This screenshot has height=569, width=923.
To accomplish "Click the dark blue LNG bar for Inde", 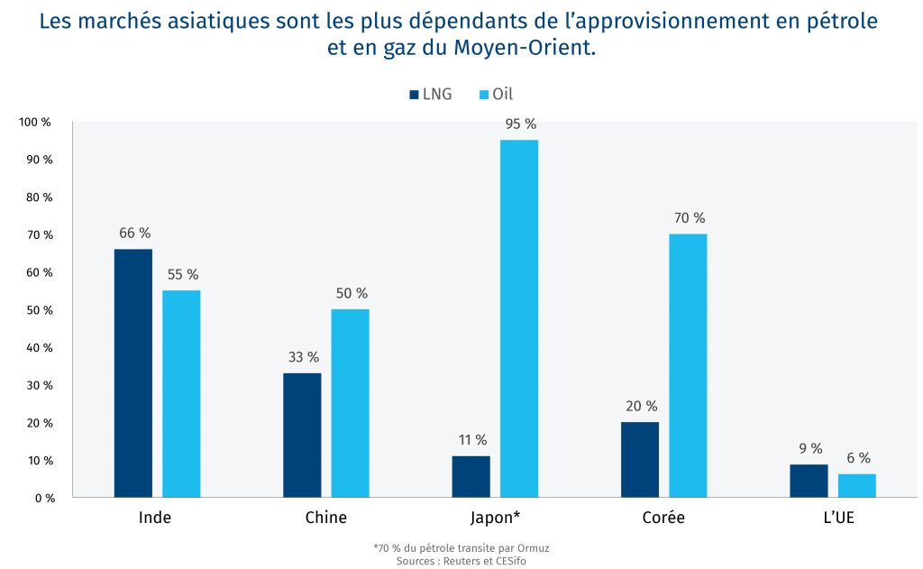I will tap(133, 372).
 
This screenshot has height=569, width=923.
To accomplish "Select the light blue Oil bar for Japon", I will tap(519, 318).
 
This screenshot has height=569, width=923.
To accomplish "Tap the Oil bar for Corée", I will tap(688, 365).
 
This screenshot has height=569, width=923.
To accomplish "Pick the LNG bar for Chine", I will tap(302, 435).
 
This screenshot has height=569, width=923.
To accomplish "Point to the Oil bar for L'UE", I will tap(856, 485).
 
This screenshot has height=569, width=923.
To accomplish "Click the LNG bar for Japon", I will tap(471, 476).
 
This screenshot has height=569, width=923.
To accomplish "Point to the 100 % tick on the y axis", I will tap(36, 122).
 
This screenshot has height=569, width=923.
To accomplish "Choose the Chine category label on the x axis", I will tap(325, 518).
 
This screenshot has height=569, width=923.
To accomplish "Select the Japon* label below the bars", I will tap(495, 518).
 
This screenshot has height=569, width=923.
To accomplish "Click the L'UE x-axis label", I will tap(832, 518).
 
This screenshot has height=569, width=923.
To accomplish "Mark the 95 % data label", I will tap(520, 124).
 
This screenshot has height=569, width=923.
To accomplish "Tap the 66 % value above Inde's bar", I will tap(133, 233).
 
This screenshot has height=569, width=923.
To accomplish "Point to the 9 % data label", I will tap(809, 448).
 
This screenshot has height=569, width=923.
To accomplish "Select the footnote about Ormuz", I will tap(461, 547).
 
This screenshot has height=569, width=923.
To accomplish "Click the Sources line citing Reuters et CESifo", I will tap(461, 560).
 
